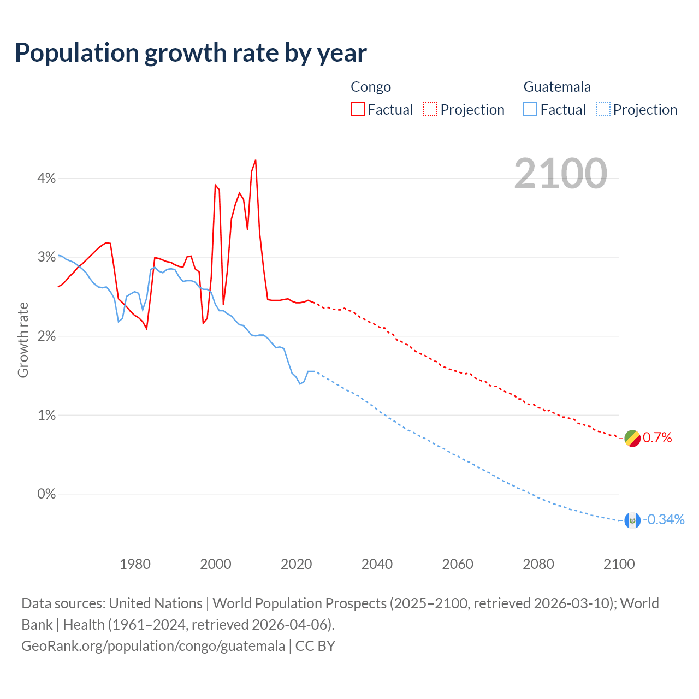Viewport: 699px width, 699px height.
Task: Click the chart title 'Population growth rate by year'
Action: click(x=191, y=53)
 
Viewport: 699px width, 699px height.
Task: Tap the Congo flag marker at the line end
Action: click(x=632, y=438)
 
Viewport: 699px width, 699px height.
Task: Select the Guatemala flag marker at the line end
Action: click(x=632, y=520)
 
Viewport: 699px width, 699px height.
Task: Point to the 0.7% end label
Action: click(x=657, y=438)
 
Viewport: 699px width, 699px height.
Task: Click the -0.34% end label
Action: click(x=664, y=520)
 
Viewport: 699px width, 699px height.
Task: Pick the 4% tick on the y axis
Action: click(x=46, y=178)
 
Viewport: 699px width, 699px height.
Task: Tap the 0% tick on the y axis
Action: click(x=46, y=494)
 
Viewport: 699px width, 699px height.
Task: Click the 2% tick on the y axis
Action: click(x=46, y=336)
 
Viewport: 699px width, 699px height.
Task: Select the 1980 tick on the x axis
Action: click(x=135, y=564)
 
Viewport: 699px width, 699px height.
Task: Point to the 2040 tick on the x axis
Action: click(x=377, y=564)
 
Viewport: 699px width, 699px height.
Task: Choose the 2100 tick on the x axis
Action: click(x=619, y=564)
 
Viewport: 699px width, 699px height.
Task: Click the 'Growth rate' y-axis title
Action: click(x=23, y=340)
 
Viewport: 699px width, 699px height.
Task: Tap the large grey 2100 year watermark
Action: click(x=560, y=174)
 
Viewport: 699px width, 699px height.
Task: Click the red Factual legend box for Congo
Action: click(x=358, y=110)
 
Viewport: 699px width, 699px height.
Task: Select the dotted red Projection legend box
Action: click(x=430, y=110)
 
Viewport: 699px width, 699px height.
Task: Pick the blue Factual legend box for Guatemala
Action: click(x=530, y=110)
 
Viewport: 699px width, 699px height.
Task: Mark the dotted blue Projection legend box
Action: click(x=603, y=110)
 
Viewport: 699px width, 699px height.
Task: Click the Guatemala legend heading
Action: click(x=557, y=87)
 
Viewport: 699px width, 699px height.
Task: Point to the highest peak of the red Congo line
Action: click(x=256, y=161)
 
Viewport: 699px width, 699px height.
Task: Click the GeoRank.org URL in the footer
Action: click(x=153, y=646)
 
